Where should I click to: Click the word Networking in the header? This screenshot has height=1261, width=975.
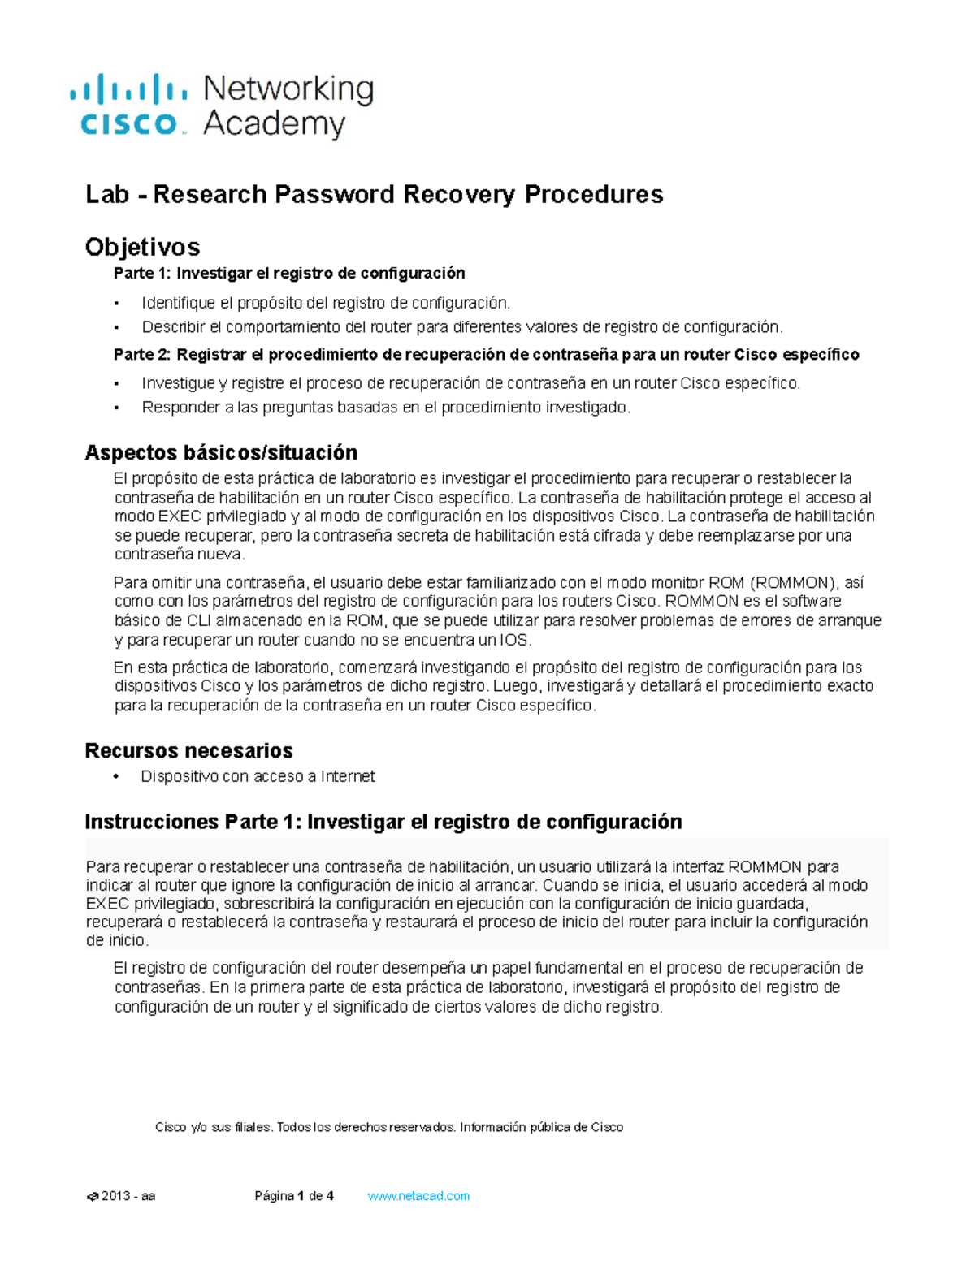click(288, 89)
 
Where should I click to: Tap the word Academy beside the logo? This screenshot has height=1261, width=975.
click(274, 124)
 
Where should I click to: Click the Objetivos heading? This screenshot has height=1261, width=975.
click(142, 247)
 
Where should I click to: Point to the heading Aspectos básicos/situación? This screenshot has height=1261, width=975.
click(221, 452)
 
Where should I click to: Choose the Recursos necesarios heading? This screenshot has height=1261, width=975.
click(188, 750)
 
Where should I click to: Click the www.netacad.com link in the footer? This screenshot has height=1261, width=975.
click(418, 1196)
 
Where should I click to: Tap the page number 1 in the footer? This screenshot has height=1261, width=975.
click(301, 1196)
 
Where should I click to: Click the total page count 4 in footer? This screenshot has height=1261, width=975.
click(330, 1196)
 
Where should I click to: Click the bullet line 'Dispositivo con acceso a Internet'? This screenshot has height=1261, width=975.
click(258, 776)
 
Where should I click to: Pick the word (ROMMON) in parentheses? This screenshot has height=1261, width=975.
click(792, 582)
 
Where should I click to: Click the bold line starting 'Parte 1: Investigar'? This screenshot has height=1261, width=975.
click(289, 273)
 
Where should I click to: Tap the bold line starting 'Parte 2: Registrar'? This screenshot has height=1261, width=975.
click(486, 355)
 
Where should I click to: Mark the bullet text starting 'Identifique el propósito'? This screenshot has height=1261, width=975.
click(326, 303)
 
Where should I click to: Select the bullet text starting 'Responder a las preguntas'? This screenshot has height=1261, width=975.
click(386, 408)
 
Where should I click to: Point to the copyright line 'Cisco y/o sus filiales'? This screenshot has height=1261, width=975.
click(388, 1127)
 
